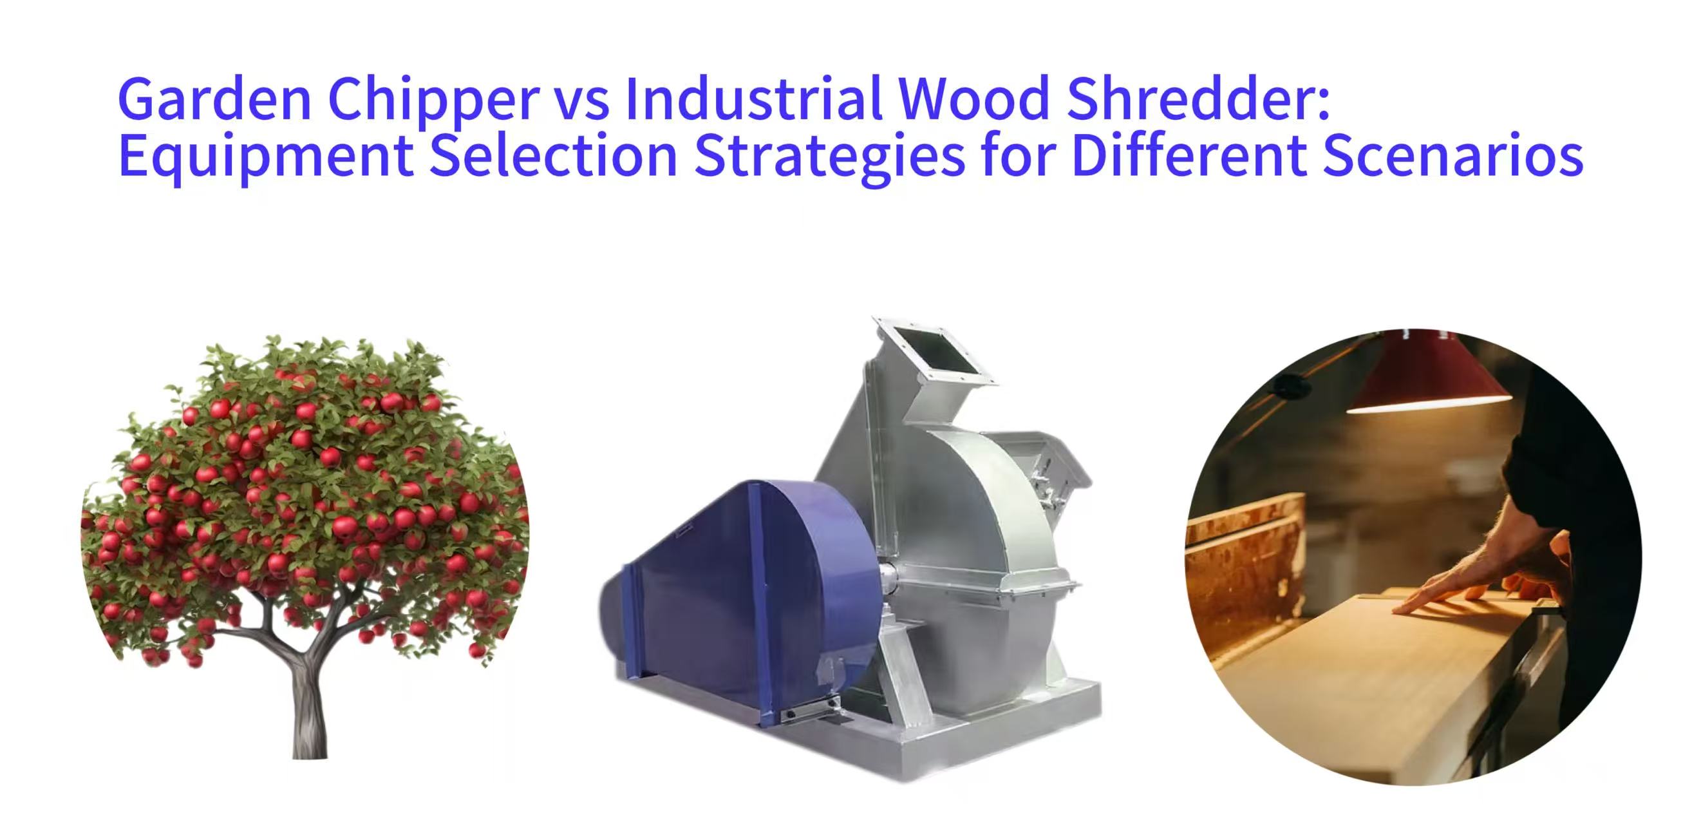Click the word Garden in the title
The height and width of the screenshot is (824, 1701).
[x=214, y=99]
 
